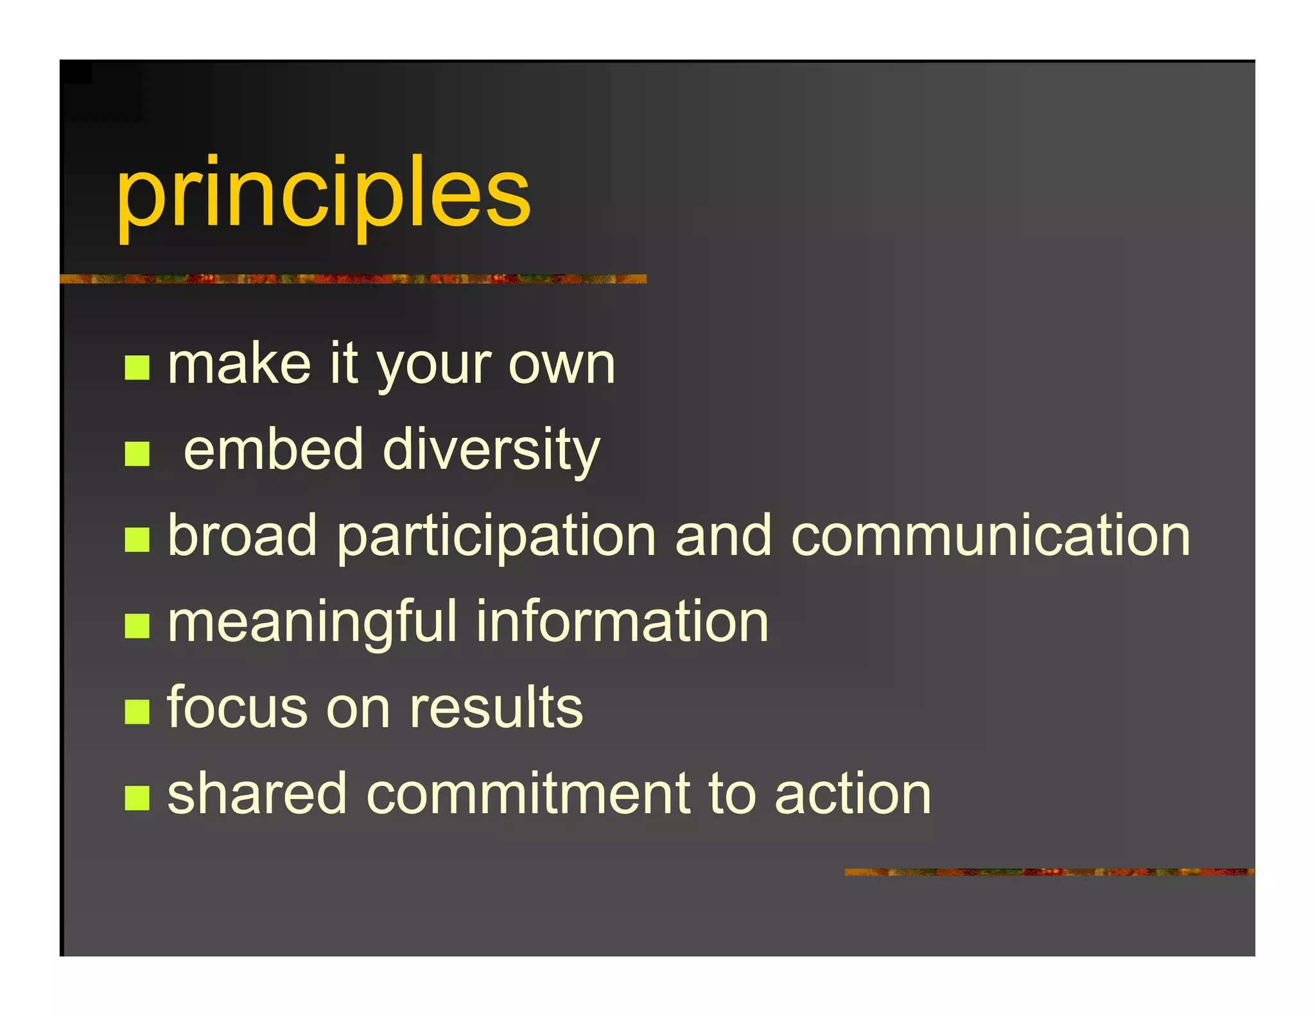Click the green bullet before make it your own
[x=137, y=368]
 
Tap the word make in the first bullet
[x=239, y=365]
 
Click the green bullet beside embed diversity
[x=137, y=454]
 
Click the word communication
[x=991, y=536]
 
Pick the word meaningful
[x=311, y=623]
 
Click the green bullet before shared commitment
[x=137, y=798]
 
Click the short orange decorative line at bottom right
[x=1049, y=872]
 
